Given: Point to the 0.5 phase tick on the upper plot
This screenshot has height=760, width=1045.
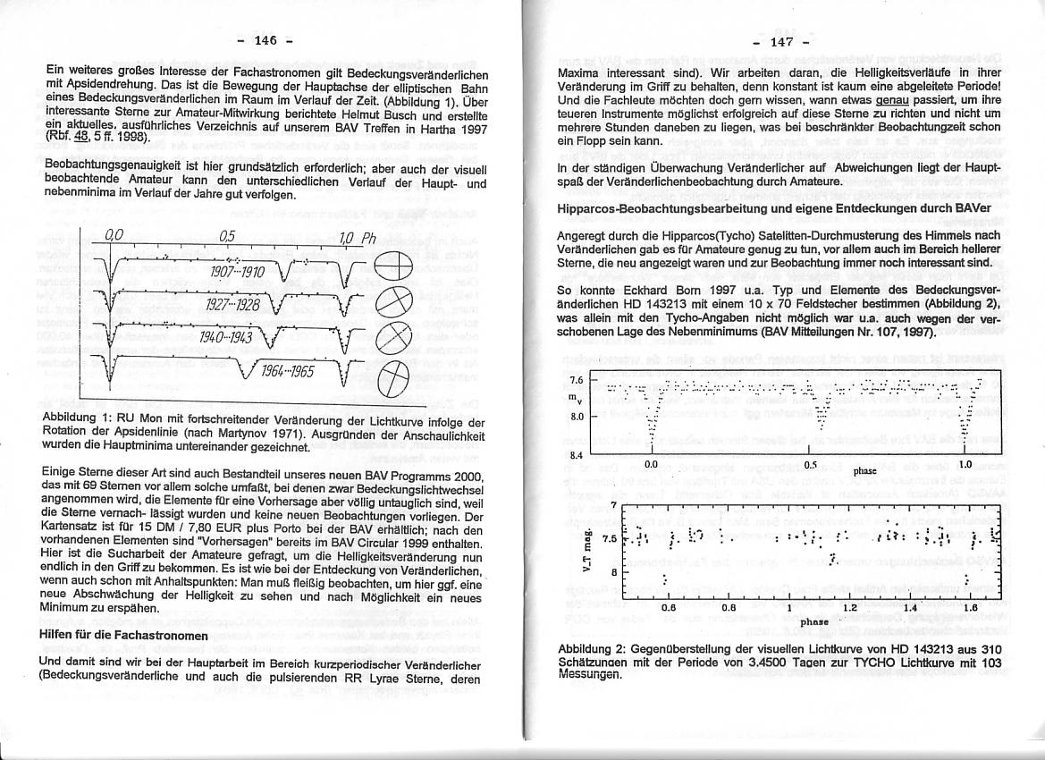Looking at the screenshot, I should pyautogui.click(x=809, y=464).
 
